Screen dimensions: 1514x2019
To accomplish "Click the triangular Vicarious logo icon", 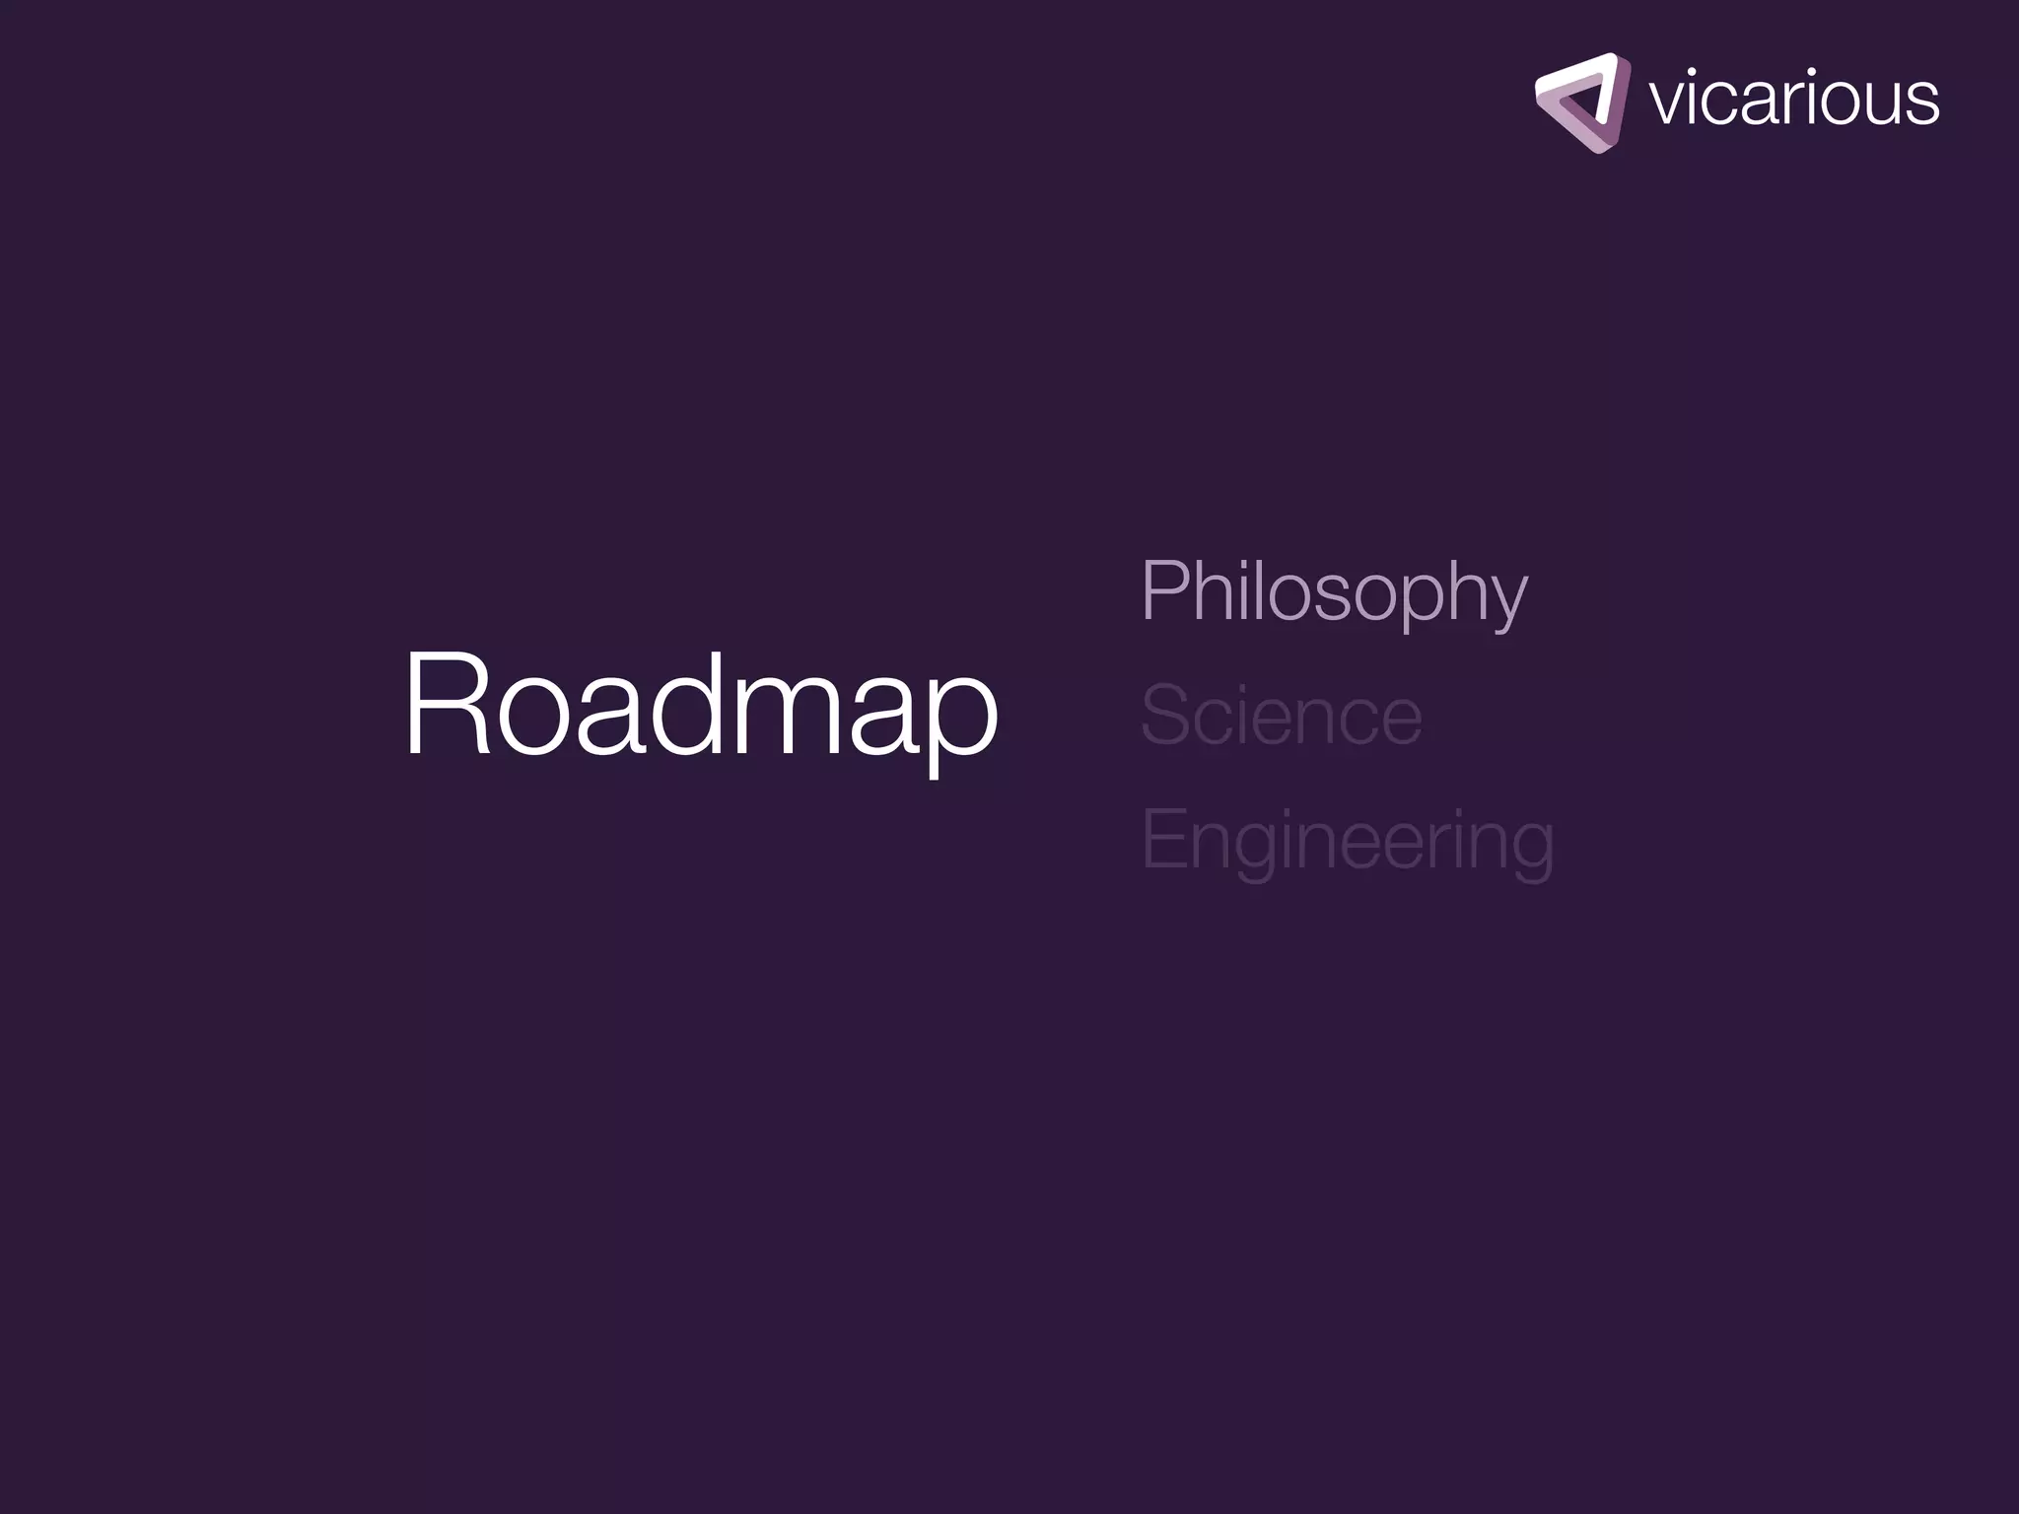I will coord(1581,103).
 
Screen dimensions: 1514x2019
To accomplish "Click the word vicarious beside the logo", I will coord(1793,99).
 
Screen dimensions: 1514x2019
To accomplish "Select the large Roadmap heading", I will coord(701,704).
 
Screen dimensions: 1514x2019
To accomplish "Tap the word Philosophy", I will coord(1334,591).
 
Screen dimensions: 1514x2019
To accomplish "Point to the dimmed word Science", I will coord(1281,716).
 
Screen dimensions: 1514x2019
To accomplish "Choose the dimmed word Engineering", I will coord(1347,840).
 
